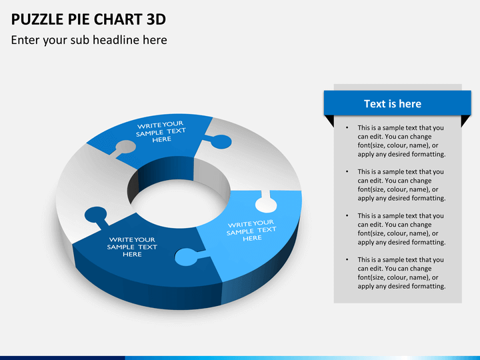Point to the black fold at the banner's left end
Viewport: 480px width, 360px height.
click(329, 120)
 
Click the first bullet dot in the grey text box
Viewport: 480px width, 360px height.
click(347, 127)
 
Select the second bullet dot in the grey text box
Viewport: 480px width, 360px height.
click(347, 171)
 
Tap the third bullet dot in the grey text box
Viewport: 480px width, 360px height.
click(347, 215)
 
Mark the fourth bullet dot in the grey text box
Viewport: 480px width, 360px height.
click(347, 259)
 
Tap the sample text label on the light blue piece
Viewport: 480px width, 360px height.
click(251, 230)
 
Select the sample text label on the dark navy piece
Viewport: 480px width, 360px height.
click(132, 247)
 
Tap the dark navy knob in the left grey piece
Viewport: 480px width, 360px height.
click(95, 215)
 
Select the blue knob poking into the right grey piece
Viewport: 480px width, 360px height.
click(217, 141)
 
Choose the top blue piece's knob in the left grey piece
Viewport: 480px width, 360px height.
click(124, 147)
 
